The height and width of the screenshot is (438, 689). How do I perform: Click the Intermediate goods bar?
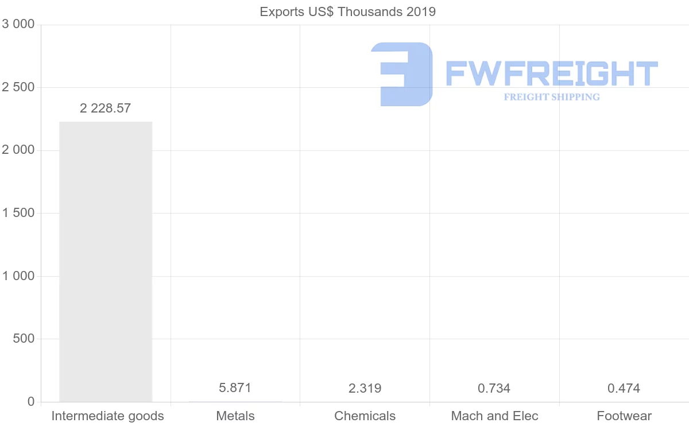[106, 261]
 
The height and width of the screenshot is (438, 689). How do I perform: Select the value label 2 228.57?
[106, 108]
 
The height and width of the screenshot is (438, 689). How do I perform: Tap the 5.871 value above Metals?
[235, 387]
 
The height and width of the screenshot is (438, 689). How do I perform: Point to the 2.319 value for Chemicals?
[365, 388]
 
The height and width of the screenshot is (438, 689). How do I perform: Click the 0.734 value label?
[494, 388]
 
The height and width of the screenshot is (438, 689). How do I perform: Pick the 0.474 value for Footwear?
[624, 388]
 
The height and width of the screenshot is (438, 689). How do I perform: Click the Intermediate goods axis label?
[108, 416]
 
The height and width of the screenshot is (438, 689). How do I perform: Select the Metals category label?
[235, 416]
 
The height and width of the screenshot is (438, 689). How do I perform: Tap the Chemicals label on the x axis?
[365, 416]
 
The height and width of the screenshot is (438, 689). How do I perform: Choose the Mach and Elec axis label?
[495, 416]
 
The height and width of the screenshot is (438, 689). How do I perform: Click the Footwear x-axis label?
[624, 416]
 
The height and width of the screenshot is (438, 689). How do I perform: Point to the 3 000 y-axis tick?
[19, 24]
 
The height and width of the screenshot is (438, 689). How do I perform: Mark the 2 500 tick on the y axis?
[19, 87]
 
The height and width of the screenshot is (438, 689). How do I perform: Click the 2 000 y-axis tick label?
[19, 150]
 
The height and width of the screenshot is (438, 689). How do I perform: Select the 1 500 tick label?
[19, 213]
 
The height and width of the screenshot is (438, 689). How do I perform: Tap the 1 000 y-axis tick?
[19, 276]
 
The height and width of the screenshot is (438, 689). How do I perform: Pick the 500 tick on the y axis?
[24, 339]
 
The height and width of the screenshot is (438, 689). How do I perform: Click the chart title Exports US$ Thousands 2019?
[348, 11]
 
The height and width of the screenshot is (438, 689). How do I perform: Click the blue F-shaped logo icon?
[402, 74]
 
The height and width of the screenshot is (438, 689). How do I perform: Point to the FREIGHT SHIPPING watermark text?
[552, 97]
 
